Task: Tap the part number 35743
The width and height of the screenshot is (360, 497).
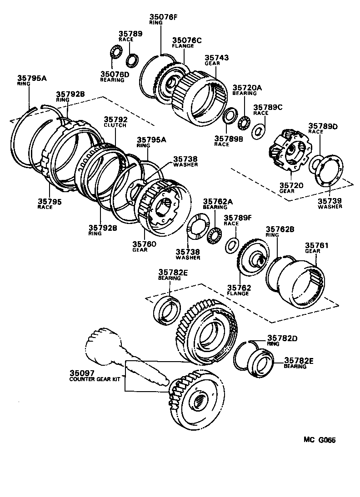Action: point(217,58)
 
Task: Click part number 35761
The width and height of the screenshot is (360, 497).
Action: point(317,245)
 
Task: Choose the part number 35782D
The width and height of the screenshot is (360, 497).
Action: point(282,338)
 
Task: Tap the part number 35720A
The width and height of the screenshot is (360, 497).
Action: point(247,87)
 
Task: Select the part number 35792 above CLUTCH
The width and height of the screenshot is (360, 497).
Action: point(114,120)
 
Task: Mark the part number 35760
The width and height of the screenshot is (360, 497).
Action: point(144,244)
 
